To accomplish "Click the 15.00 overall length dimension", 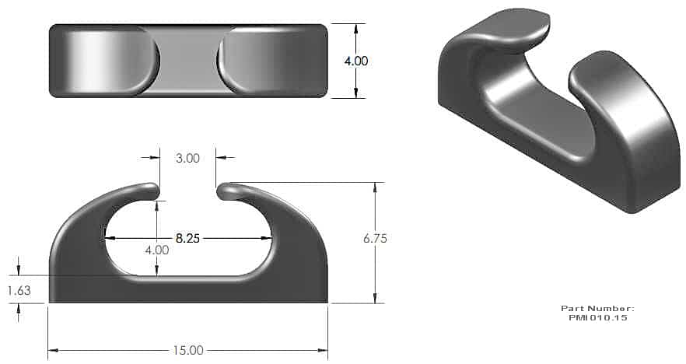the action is tap(188, 351).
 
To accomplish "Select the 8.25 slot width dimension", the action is tap(187, 239).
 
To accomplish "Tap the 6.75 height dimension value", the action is tap(375, 239).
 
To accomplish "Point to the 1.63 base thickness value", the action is tap(19, 290).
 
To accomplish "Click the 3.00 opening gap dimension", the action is tap(187, 158).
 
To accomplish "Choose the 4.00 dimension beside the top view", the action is tap(356, 61).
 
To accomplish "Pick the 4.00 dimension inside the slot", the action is tap(157, 250).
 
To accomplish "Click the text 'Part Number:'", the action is tap(597, 309).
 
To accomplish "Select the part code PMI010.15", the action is tap(598, 317).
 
